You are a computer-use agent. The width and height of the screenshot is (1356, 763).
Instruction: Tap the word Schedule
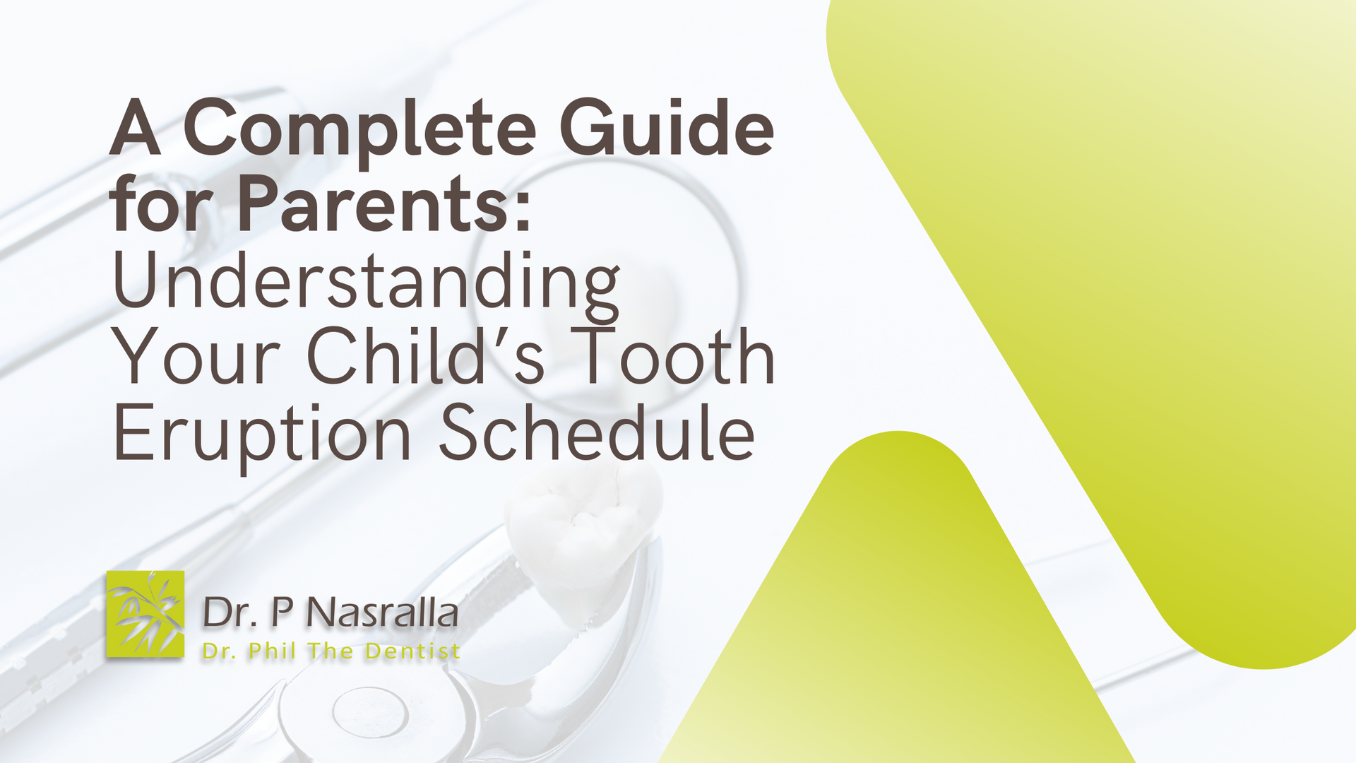(x=597, y=432)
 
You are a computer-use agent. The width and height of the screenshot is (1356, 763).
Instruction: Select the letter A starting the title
(x=135, y=129)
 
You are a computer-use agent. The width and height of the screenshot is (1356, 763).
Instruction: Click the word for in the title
(x=162, y=205)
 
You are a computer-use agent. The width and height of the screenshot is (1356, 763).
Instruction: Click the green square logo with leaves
(x=145, y=614)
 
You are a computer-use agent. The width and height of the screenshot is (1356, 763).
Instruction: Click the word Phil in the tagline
(x=272, y=651)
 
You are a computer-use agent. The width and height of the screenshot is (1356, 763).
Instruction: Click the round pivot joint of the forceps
(x=367, y=710)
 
